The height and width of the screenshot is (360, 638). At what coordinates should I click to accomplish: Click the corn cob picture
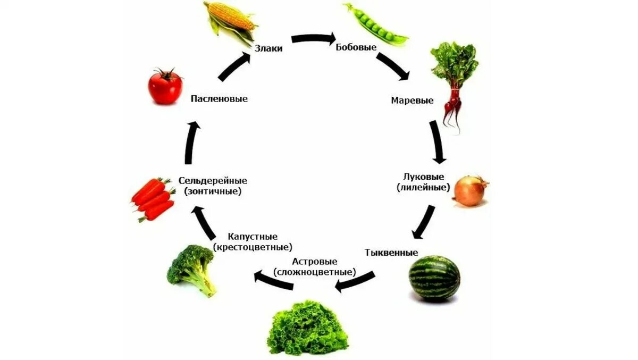pos(230,22)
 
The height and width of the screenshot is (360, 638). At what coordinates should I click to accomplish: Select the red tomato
pos(165,87)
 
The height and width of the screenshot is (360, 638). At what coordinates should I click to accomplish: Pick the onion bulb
pos(470,191)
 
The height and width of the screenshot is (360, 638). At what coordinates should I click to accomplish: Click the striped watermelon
pos(434,278)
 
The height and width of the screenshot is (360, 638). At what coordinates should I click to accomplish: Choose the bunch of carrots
pos(154,199)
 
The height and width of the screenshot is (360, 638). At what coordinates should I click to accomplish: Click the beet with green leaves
pos(453,80)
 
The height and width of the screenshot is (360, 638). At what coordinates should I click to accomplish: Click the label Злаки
pos(268,48)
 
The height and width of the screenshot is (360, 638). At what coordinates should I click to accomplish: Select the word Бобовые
pos(356,47)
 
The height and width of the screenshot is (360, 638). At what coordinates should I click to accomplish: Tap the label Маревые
pos(412,100)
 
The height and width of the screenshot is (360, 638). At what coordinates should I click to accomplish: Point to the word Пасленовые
pos(219,99)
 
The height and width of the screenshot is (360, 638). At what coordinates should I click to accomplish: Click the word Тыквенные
pos(391,252)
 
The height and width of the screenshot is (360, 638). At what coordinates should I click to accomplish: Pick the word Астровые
pos(315,262)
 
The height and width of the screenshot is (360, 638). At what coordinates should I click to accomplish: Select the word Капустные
pos(253,237)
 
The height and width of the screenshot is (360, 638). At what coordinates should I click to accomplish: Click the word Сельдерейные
pos(213,181)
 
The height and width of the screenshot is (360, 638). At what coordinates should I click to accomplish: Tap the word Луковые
pos(424,177)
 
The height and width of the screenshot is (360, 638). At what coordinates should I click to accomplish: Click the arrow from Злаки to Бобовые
pos(313,38)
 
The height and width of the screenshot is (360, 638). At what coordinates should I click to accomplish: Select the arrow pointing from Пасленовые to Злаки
pos(234,66)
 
